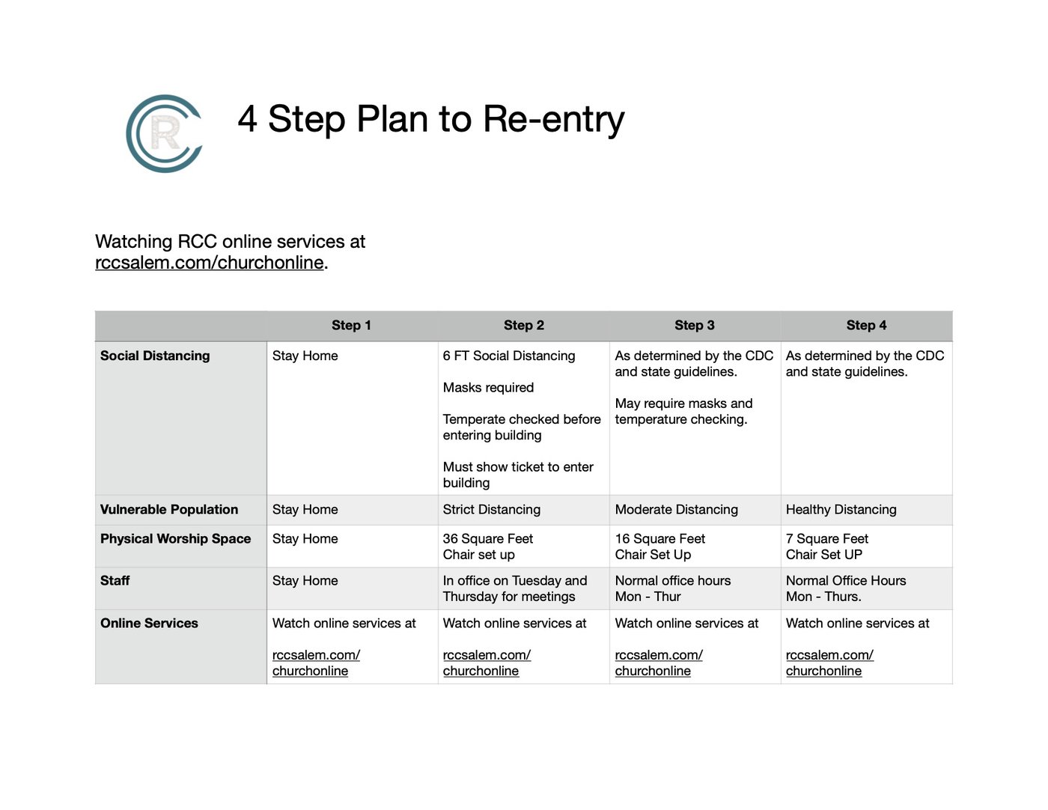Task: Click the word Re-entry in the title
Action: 554,119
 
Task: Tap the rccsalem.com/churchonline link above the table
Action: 210,263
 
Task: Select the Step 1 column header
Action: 351,326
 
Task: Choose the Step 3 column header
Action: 695,326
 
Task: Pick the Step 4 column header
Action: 866,326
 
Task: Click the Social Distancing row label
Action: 155,356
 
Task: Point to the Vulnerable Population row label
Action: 169,510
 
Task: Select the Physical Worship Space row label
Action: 176,539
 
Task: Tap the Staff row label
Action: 115,581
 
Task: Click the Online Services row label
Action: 149,624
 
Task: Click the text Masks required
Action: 488,388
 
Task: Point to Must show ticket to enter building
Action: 518,475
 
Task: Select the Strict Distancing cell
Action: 492,510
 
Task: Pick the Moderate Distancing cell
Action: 676,510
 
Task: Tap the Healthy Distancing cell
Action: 841,510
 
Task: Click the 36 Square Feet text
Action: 487,539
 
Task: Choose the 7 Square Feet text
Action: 826,539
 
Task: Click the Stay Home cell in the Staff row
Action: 305,581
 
